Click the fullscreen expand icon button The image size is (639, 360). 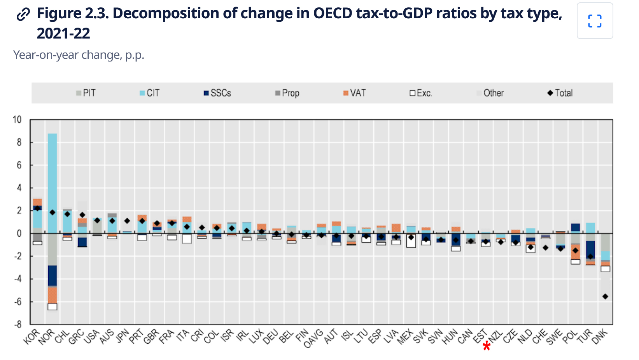[x=595, y=21]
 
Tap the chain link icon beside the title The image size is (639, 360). [x=23, y=14]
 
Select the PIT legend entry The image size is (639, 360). [x=86, y=93]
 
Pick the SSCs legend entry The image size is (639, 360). [x=217, y=93]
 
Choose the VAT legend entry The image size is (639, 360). [x=354, y=93]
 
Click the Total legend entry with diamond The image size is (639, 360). [x=560, y=93]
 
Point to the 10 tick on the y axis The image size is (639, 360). [x=17, y=119]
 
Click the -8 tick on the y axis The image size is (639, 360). [x=18, y=324]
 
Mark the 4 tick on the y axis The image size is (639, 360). [x=19, y=188]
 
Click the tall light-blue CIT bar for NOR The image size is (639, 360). [x=53, y=183]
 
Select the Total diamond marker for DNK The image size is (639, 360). [x=605, y=297]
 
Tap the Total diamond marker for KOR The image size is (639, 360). [x=37, y=208]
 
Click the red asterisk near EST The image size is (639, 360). [x=486, y=346]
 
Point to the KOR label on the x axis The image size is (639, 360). [x=32, y=337]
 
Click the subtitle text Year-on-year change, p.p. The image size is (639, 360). [x=79, y=55]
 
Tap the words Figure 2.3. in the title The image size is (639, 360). [x=73, y=14]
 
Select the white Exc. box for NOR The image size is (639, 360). [x=53, y=306]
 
